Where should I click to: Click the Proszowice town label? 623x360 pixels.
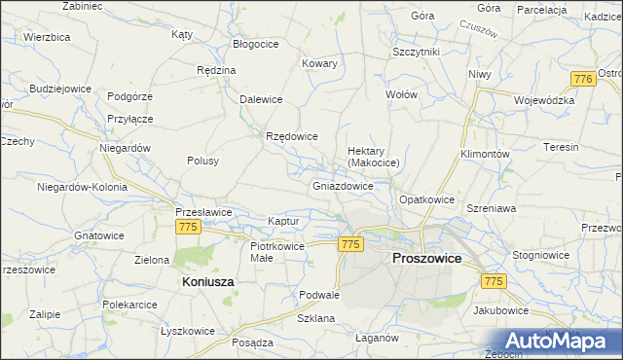[x=426, y=258]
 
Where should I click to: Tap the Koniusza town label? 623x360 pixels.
[x=207, y=281]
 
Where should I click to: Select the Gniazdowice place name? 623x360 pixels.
[x=343, y=185]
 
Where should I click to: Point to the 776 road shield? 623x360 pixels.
[x=583, y=79]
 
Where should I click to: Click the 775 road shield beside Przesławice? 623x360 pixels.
[x=189, y=226]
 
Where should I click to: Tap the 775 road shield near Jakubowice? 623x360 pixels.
[x=494, y=280]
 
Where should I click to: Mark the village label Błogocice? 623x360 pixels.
[x=258, y=45]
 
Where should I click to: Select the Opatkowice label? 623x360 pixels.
[x=427, y=199]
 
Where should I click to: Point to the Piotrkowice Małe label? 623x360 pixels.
[x=277, y=252]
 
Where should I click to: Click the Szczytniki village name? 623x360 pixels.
[x=417, y=51]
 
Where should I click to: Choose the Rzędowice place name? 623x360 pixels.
[x=292, y=136]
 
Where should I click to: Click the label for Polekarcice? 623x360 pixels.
[x=130, y=305]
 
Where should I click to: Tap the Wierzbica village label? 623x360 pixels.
[x=47, y=37]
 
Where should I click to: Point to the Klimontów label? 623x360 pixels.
[x=485, y=155]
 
